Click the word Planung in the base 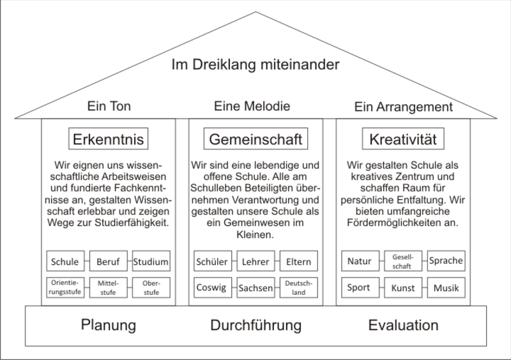click(109, 325)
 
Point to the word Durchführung click(254, 325)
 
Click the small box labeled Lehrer click(254, 261)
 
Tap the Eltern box click(297, 261)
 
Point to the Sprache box click(446, 261)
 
